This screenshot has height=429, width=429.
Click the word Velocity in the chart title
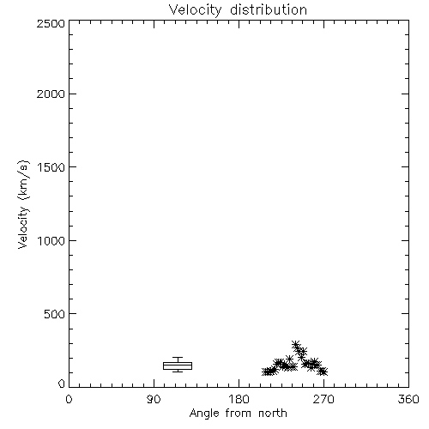coord(196,10)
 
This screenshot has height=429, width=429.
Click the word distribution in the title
coord(269,9)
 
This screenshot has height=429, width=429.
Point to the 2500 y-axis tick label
coord(51,23)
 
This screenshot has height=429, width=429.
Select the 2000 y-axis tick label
coord(51,94)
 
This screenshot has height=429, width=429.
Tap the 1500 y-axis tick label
coord(51,167)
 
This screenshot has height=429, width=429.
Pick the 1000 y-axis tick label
coord(51,240)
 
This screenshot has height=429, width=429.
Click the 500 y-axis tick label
coord(54,314)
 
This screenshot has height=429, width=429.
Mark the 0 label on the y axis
coord(62,384)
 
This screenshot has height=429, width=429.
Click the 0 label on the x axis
coord(69,399)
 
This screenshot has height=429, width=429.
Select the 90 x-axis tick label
coord(154,399)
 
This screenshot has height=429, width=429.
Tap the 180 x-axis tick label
coord(239,399)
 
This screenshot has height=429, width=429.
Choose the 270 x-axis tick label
coord(323,399)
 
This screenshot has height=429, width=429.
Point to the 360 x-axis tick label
coord(408,399)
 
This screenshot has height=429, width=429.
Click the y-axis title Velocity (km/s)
coord(23,204)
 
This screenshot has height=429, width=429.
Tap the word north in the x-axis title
coord(273,414)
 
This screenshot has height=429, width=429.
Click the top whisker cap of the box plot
coord(178,357)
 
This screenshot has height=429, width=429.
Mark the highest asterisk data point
coord(296,344)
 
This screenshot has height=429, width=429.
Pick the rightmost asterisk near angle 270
coord(323,372)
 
